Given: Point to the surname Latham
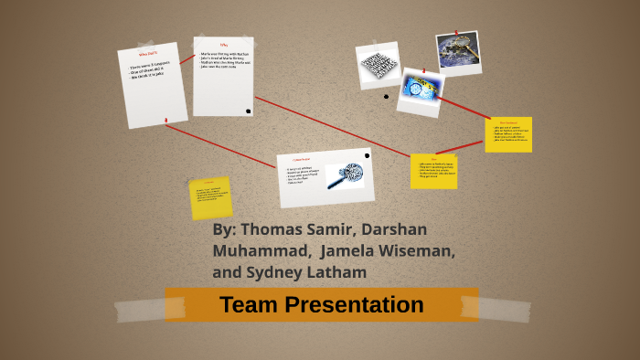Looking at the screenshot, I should pos(336,272).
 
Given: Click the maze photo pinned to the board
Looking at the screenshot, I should pos(378,62).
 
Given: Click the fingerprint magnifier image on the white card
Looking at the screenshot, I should pos(345,175).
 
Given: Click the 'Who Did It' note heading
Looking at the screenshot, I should pos(147,55).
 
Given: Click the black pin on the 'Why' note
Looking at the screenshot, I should pos(248,111).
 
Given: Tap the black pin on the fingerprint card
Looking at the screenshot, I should pos(367,155).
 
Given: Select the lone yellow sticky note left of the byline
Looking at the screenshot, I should pos(210,197).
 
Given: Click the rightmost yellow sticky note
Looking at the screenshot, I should pos(508,133).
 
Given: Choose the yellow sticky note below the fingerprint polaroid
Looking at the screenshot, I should pos(433,171).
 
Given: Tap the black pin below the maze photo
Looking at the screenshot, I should pos(386,96).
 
